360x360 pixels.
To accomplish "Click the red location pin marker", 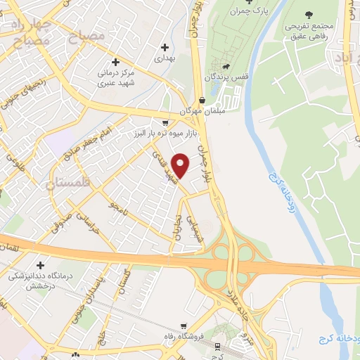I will (x=181, y=165).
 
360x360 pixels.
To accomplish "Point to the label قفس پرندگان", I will (x=225, y=76).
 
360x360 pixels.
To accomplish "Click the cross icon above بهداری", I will (x=165, y=48).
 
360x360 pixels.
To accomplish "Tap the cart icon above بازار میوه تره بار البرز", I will (x=165, y=121).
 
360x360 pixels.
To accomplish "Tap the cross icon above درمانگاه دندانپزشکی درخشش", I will (x=39, y=265).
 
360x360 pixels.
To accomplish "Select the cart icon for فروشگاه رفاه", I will (x=184, y=326).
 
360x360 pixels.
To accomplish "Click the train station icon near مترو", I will (x=218, y=346).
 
